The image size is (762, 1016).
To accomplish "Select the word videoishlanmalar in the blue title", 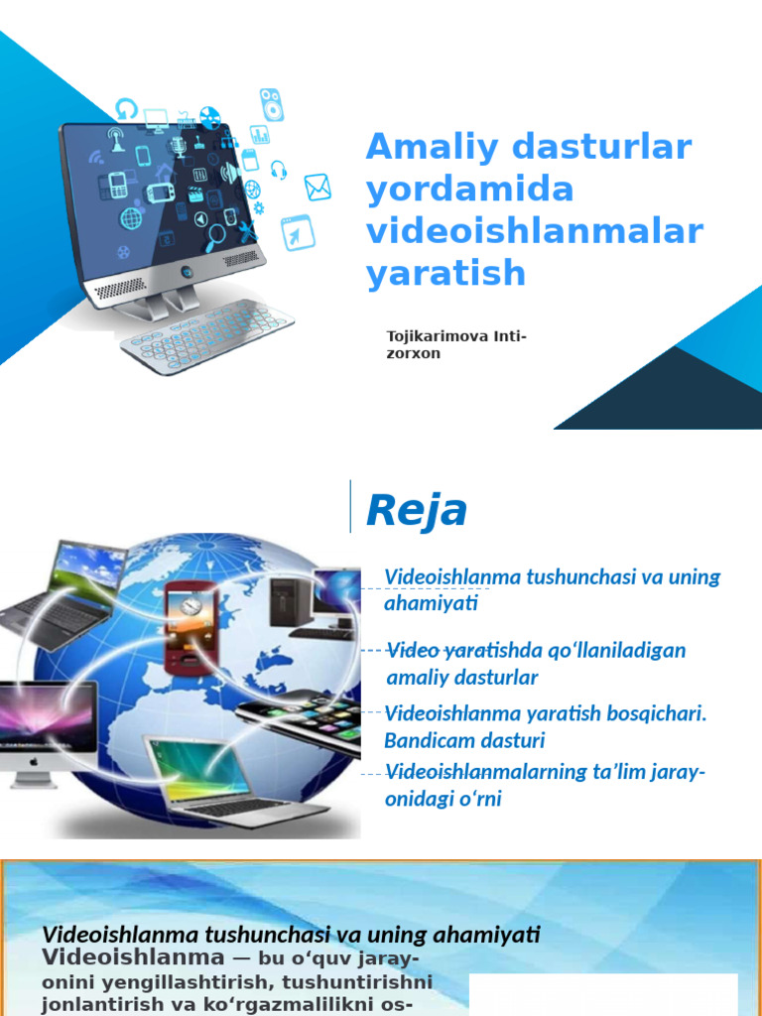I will point(535,231).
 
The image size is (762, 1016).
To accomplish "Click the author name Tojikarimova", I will point(438,337).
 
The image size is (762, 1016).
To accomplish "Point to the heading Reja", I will point(416,511).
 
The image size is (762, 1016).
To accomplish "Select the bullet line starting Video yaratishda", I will point(535,651).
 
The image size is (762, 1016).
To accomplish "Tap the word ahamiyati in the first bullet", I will point(431,603).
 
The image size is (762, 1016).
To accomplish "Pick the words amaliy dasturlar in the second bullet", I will point(461,678).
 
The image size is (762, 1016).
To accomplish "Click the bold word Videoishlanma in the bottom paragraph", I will point(132,957).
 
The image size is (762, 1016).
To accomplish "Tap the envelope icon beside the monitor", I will point(317,187).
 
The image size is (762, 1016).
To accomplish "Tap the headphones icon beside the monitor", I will point(278,170).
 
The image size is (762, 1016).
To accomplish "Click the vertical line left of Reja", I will point(350,506).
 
